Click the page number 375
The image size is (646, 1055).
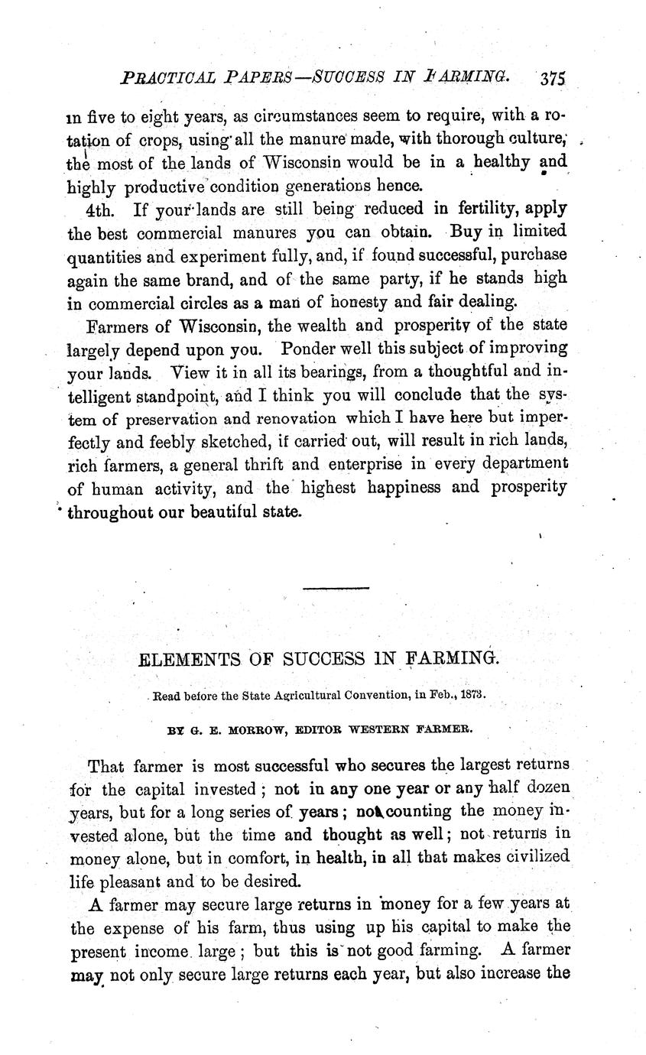tap(551, 79)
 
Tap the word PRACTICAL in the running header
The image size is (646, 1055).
tap(144, 78)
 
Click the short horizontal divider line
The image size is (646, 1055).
tap(336, 587)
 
